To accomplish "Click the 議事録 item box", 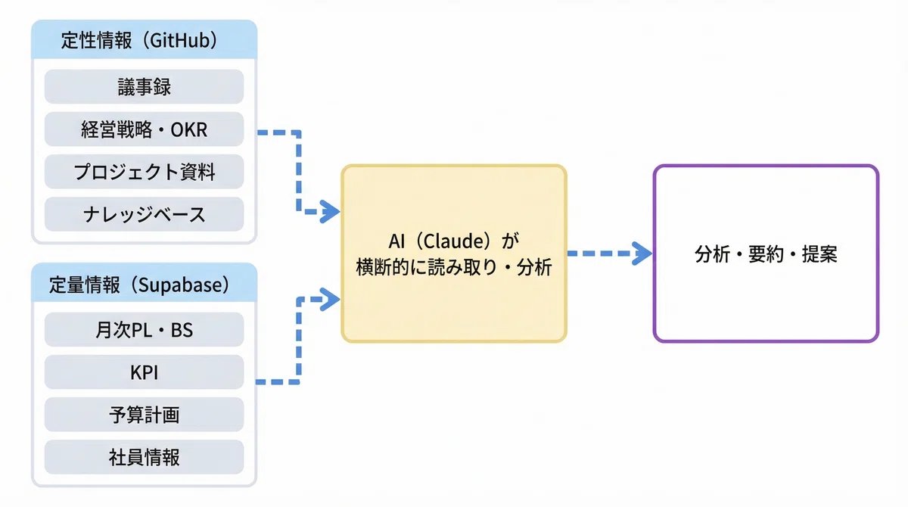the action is pos(144,86).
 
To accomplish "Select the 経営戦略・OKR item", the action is pos(144,129).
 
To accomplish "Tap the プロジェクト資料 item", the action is pos(144,172).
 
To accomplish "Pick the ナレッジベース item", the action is pos(144,214).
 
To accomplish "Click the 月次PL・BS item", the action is pos(144,329).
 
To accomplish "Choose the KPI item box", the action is pos(144,372).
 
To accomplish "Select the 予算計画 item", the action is pos(144,415).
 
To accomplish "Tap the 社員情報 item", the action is pos(144,457).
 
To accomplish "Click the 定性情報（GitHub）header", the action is pos(144,41).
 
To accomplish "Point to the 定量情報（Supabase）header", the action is pos(144,285).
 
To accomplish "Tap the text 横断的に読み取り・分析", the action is pos(453,267).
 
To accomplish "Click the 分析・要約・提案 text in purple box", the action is pos(766,254).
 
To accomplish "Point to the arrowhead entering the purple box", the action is pos(642,254).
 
